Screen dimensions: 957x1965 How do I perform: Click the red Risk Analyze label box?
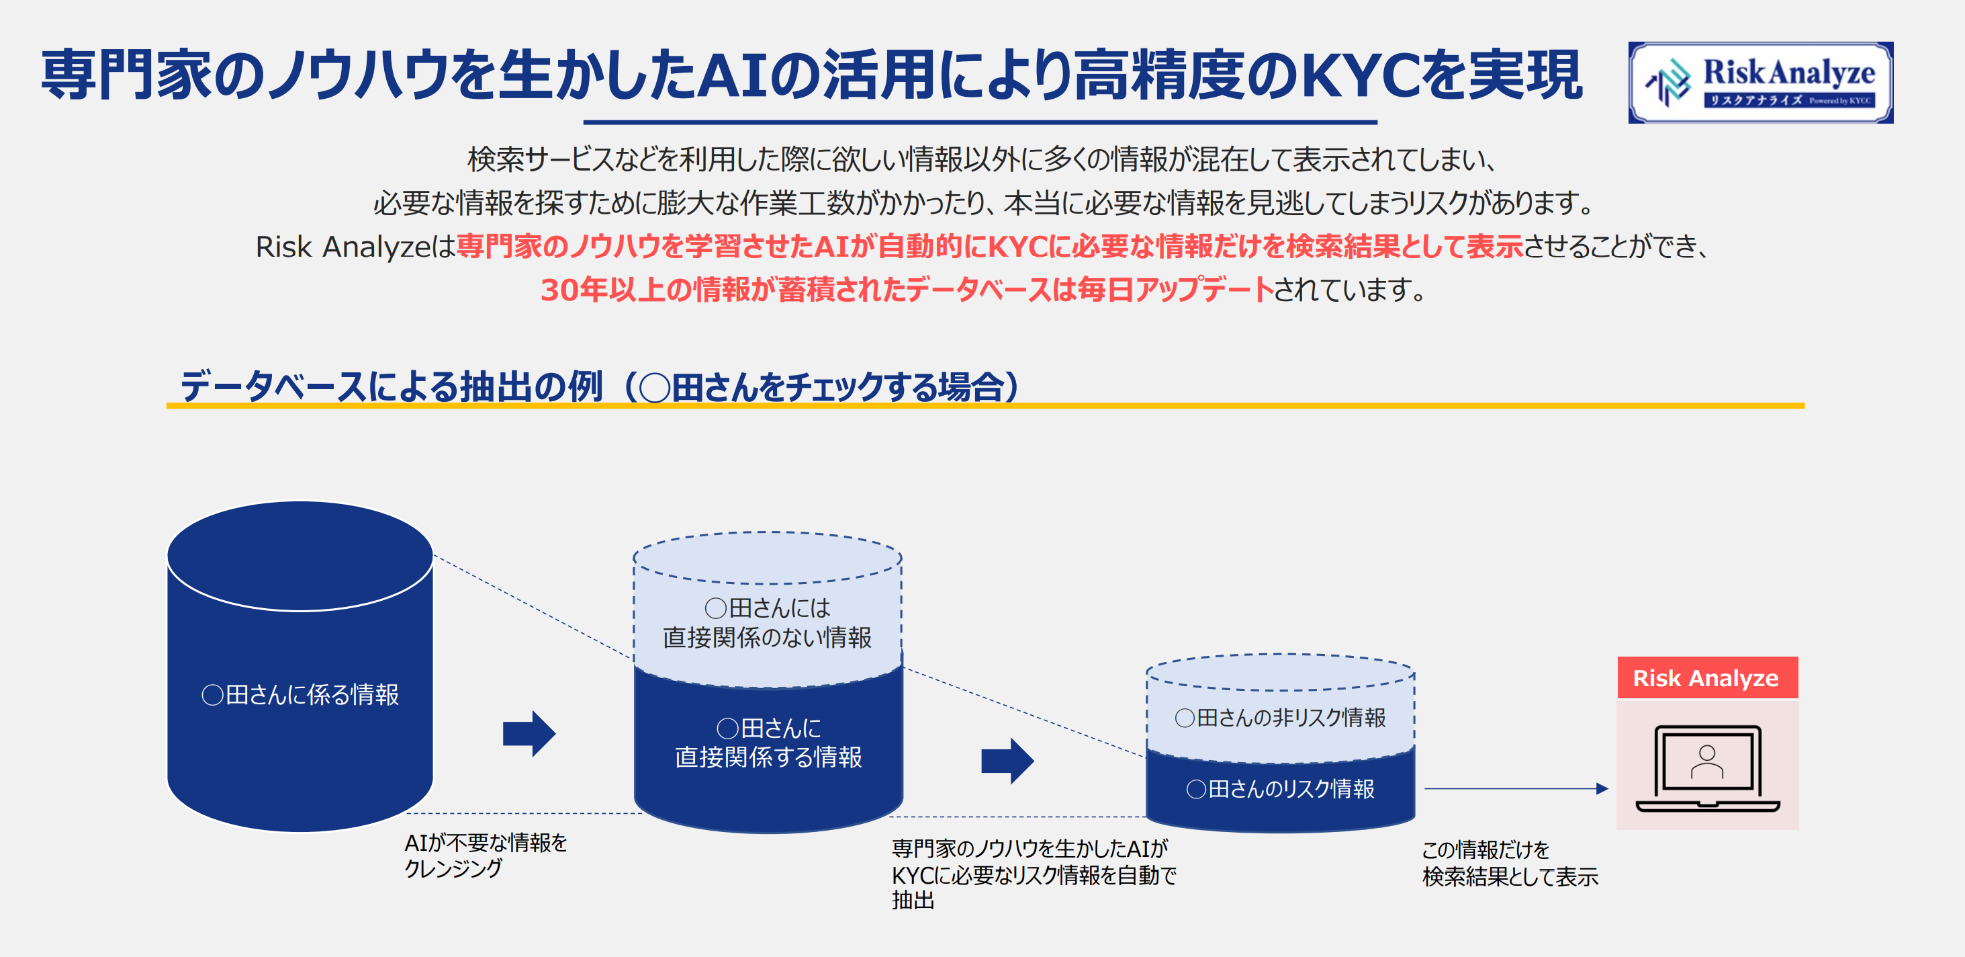coord(1706,677)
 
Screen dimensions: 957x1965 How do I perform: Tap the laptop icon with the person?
coord(1707,767)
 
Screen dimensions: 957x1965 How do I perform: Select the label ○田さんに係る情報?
coord(300,694)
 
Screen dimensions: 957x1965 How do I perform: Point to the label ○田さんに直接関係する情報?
coord(768,743)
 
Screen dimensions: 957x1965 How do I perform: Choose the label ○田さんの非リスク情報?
coord(1280,717)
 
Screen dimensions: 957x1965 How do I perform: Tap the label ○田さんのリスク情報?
coord(1280,788)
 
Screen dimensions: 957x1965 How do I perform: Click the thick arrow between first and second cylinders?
coord(529,733)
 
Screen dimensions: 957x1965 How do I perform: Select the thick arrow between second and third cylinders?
coord(1007,761)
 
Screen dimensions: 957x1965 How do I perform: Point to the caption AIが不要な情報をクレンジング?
coord(486,855)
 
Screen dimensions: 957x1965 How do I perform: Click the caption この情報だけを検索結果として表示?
coord(1510,863)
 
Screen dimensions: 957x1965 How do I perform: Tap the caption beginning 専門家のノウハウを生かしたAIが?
coord(1034,874)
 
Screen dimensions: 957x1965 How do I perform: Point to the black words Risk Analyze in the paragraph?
coord(343,247)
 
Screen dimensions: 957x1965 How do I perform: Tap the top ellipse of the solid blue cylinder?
coord(300,556)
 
